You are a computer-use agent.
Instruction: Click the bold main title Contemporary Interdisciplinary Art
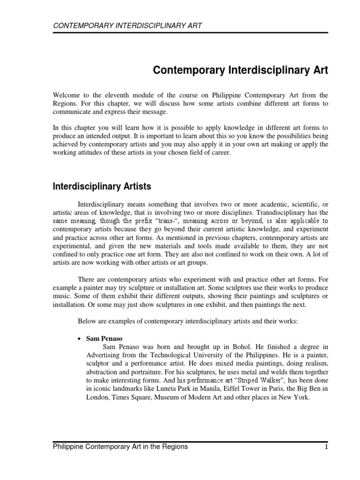241,71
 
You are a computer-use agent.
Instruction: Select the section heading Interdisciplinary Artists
101,187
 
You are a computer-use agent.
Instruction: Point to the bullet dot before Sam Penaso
79,338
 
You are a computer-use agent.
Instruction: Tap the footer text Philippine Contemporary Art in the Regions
120,447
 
